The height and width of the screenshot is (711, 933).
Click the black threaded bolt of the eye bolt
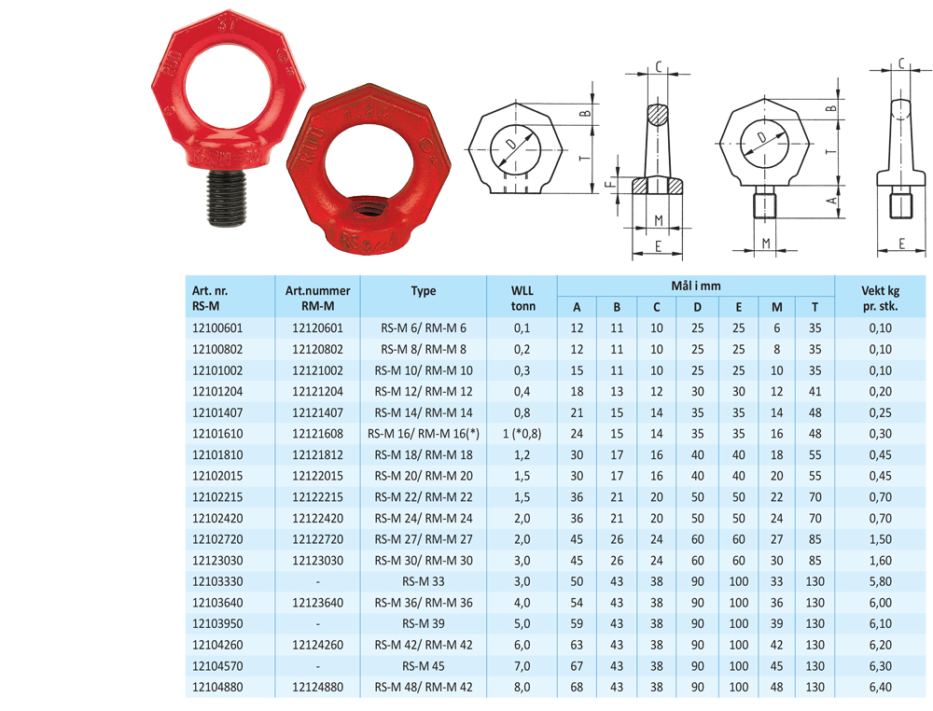coord(228,198)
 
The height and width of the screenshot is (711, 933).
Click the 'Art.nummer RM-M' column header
coord(318,298)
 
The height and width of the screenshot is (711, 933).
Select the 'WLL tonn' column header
coord(522,298)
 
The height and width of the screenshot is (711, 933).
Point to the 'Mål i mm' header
coord(696,286)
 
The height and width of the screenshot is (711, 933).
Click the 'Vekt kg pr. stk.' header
coord(880,298)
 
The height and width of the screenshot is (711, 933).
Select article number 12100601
coord(217,328)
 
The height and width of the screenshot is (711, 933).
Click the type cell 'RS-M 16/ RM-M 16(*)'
coord(423,434)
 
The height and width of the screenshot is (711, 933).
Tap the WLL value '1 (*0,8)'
coord(522,434)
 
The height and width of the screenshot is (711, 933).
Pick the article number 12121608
coord(318,434)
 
